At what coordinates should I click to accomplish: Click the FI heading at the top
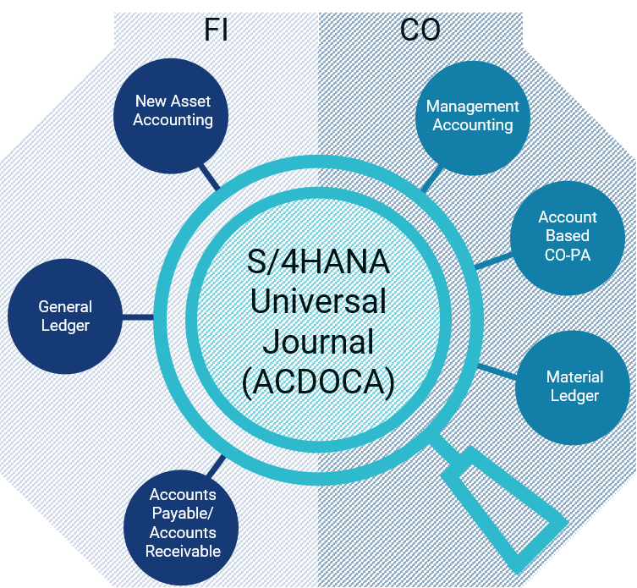click(216, 30)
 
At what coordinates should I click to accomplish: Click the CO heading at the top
click(420, 30)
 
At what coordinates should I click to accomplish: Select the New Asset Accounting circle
click(171, 116)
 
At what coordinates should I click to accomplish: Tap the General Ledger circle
click(65, 316)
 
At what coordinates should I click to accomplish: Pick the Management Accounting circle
click(473, 118)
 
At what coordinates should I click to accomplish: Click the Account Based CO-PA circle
click(568, 238)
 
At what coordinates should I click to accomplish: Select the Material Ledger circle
click(573, 387)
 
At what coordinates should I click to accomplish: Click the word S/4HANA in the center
click(318, 261)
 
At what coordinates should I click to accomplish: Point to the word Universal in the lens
click(318, 301)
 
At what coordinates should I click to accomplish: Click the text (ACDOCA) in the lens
click(318, 382)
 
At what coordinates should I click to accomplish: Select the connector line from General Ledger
click(138, 316)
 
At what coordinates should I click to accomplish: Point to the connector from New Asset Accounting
click(210, 177)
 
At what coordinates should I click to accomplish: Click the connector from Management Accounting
click(432, 178)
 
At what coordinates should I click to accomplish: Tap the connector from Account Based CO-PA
click(493, 261)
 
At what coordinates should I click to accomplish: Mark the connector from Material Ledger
click(497, 371)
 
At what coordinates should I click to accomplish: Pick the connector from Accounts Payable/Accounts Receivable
click(216, 465)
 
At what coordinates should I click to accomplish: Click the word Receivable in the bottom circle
click(184, 552)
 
